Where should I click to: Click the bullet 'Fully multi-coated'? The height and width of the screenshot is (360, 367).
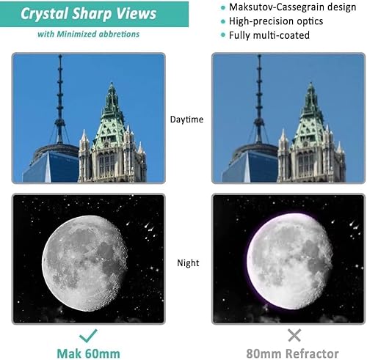(x=264, y=35)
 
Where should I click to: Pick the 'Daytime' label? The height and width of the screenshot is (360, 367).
(x=186, y=119)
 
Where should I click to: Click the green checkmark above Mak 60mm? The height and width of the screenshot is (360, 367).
(x=88, y=336)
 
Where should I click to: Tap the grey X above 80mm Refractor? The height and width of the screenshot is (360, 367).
(x=294, y=336)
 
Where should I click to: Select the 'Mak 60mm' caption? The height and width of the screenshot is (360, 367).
(x=88, y=353)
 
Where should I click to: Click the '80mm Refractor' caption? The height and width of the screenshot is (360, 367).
(x=294, y=353)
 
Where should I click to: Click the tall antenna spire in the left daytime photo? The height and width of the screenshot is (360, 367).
(x=59, y=95)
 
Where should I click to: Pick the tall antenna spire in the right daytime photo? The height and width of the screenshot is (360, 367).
(x=258, y=95)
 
